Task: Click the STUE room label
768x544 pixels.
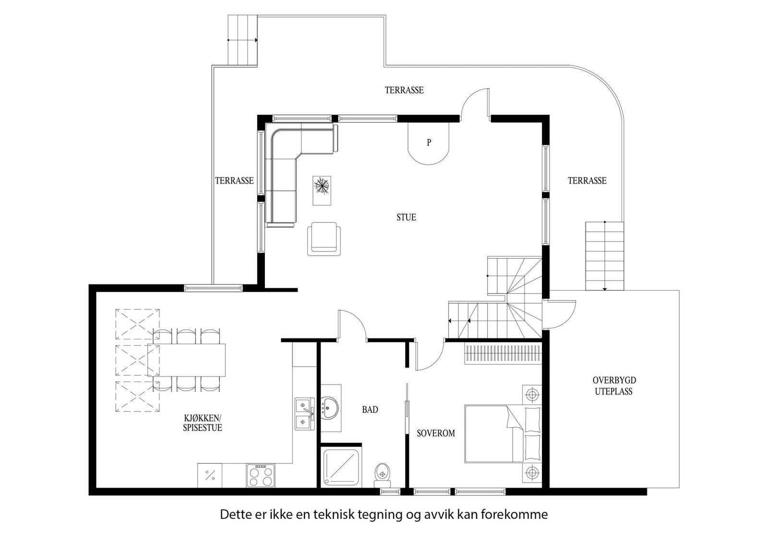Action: pyautogui.click(x=406, y=217)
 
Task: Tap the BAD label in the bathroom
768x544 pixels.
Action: pyautogui.click(x=370, y=409)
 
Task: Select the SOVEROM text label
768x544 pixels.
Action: pyautogui.click(x=436, y=433)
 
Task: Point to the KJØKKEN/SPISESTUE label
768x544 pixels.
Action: pyautogui.click(x=203, y=423)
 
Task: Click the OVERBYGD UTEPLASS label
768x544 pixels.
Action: pyautogui.click(x=614, y=386)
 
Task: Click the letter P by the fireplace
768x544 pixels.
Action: pyautogui.click(x=429, y=142)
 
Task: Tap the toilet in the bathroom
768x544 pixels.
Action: pyautogui.click(x=383, y=475)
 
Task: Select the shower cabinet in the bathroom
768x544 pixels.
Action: pyautogui.click(x=341, y=467)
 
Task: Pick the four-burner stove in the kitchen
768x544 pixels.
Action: pyautogui.click(x=261, y=475)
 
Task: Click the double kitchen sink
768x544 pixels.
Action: pyautogui.click(x=305, y=414)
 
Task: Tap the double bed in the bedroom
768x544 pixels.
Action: pyautogui.click(x=503, y=434)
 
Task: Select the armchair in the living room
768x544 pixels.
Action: pyautogui.click(x=324, y=238)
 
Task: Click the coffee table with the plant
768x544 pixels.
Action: pyautogui.click(x=322, y=190)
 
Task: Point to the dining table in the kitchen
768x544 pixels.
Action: pyautogui.click(x=187, y=360)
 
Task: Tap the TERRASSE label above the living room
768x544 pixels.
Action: pyautogui.click(x=404, y=90)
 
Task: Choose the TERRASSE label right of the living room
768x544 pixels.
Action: pyautogui.click(x=587, y=181)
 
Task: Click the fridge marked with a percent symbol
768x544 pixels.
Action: pyautogui.click(x=210, y=475)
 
